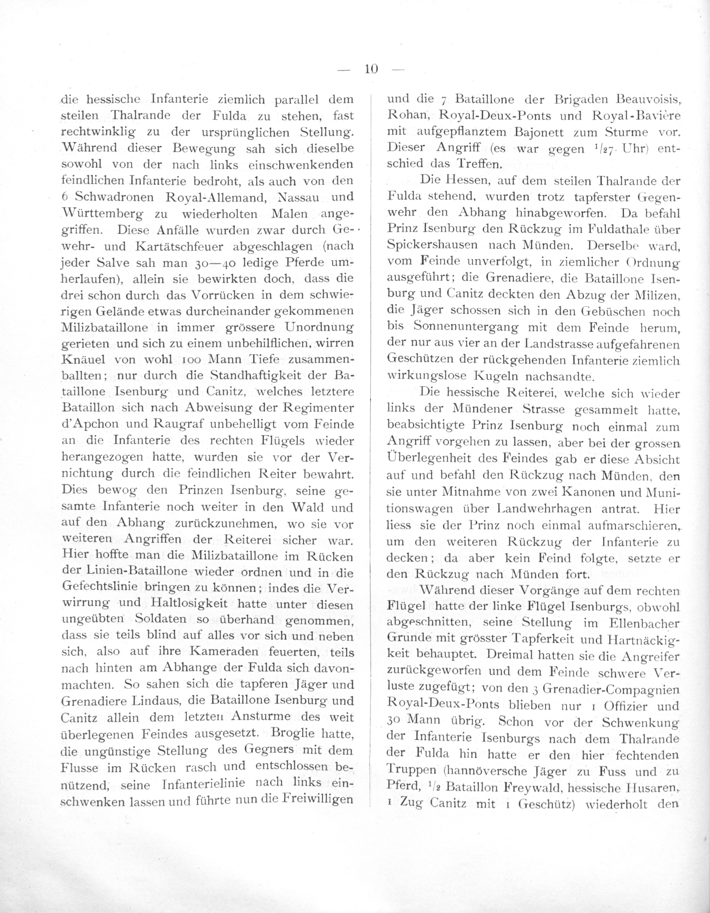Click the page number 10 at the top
coord(371,69)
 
